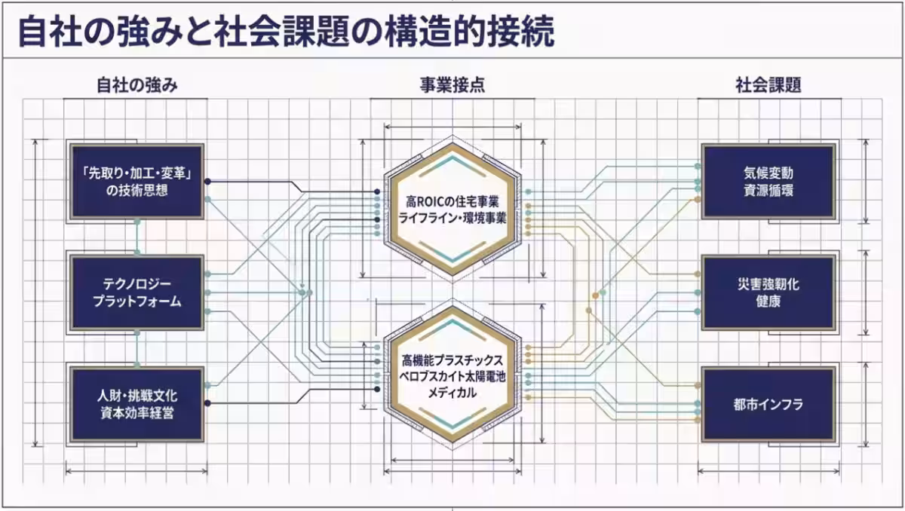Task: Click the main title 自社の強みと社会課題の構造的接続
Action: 286,32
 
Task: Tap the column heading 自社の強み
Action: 137,85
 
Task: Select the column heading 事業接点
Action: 452,85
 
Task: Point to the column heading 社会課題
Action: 768,85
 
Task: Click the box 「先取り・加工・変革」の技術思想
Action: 137,182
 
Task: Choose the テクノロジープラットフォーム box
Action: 137,292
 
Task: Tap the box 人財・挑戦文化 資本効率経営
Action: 137,404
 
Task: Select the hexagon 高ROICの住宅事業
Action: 452,209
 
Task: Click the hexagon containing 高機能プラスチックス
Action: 452,375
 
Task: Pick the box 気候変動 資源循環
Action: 768,182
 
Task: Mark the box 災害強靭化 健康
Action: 768,292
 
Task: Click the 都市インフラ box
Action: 768,404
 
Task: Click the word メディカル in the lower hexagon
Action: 452,393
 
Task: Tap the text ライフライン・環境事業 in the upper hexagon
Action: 452,219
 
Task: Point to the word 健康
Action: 768,301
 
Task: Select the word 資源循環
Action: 768,190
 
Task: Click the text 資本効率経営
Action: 137,413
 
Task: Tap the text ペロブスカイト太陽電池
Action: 452,377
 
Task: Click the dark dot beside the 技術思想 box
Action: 207,182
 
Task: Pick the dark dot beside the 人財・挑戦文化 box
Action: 207,402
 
